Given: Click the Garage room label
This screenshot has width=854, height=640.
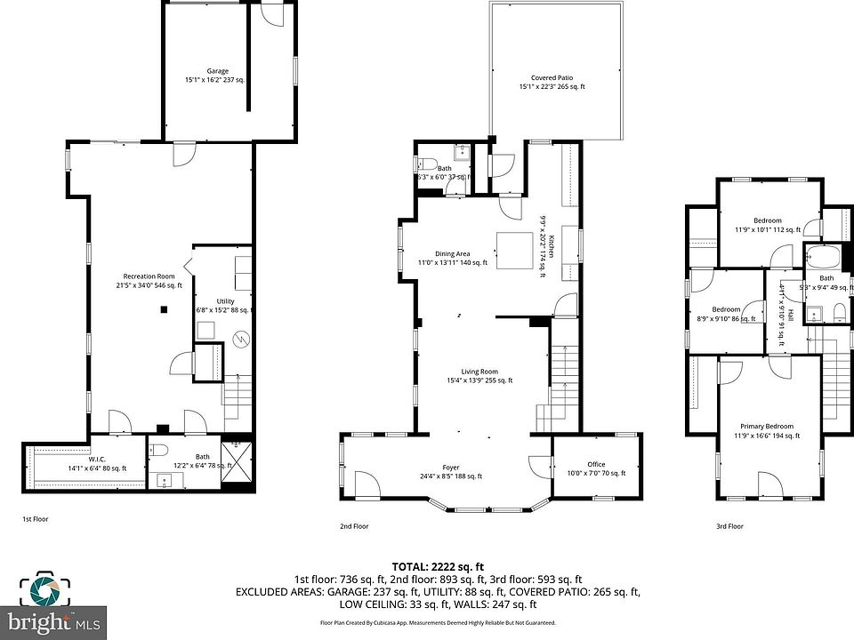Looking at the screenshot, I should [x=218, y=71].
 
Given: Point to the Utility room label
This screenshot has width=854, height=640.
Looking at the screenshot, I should [x=225, y=301].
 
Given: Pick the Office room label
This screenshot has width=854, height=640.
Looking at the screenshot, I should [x=596, y=464].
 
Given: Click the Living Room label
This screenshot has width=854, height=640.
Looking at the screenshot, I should [x=479, y=372].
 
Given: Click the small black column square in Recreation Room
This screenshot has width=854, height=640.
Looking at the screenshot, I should [x=164, y=309].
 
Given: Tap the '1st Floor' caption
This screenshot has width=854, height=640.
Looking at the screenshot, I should [x=36, y=517].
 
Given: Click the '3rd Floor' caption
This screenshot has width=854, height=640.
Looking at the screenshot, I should [x=729, y=526].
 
